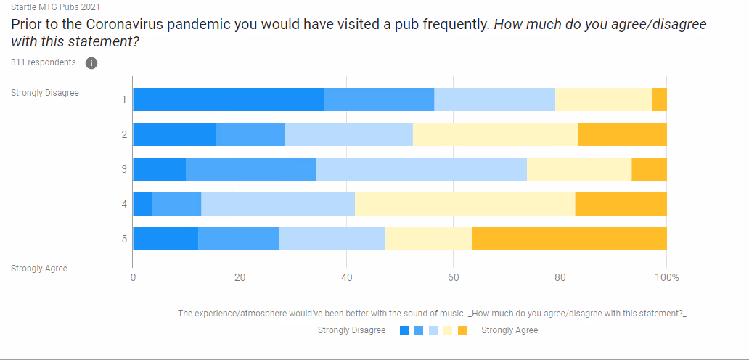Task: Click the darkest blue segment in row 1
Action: [x=228, y=99]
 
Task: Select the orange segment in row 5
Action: [x=570, y=239]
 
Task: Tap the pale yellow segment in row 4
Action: [x=464, y=204]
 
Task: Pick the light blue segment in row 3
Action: [x=421, y=169]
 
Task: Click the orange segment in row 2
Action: [x=623, y=134]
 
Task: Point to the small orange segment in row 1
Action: [x=659, y=99]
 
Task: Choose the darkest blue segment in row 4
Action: [x=142, y=204]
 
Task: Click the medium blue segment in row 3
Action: [x=250, y=169]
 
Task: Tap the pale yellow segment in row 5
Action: [x=429, y=239]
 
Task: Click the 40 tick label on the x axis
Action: [x=346, y=277]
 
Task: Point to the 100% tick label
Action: [x=666, y=277]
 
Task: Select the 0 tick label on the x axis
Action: [x=133, y=277]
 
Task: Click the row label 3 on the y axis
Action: [x=124, y=169]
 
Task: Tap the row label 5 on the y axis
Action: [x=124, y=239]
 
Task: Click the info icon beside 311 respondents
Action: [x=91, y=63]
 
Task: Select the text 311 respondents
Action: [x=44, y=62]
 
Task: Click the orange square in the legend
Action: [x=462, y=331]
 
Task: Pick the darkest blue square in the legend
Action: [x=404, y=331]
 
